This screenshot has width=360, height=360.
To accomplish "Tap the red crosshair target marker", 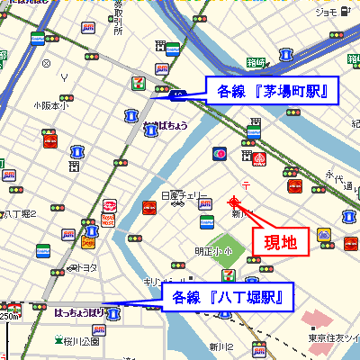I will [x=236, y=202].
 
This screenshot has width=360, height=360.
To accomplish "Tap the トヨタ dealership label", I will [x=86, y=267].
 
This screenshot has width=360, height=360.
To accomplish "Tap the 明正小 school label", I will [x=206, y=250].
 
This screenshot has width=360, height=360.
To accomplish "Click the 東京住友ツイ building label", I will [x=333, y=338].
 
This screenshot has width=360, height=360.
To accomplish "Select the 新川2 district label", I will [x=222, y=346].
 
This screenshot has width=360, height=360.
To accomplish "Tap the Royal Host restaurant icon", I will [x=110, y=213].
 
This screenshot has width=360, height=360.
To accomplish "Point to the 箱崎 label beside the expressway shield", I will [x=256, y=62].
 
